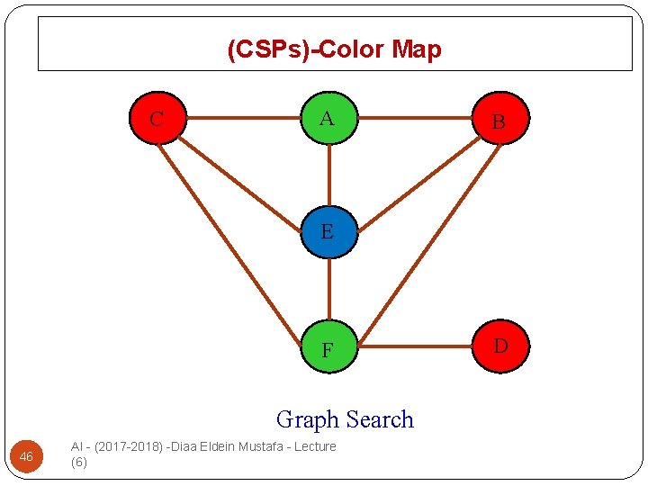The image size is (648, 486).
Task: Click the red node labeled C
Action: pos(157,118)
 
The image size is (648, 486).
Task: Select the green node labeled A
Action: pos(328,118)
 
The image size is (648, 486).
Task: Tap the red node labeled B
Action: pos(499,119)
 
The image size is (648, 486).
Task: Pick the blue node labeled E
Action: pos(328,232)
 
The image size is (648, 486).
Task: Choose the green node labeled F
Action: pos(328,346)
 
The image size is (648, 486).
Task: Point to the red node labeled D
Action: pos(500,346)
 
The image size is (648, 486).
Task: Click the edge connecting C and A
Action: pos(243,117)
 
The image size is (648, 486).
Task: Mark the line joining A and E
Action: pos(329,175)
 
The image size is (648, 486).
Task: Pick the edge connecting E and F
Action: pos(329,289)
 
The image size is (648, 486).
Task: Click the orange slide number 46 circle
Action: pos(26,457)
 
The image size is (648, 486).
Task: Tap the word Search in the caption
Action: pos(380,419)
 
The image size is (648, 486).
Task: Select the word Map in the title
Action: pos(417,49)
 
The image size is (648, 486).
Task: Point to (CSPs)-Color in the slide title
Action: pos(307,49)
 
